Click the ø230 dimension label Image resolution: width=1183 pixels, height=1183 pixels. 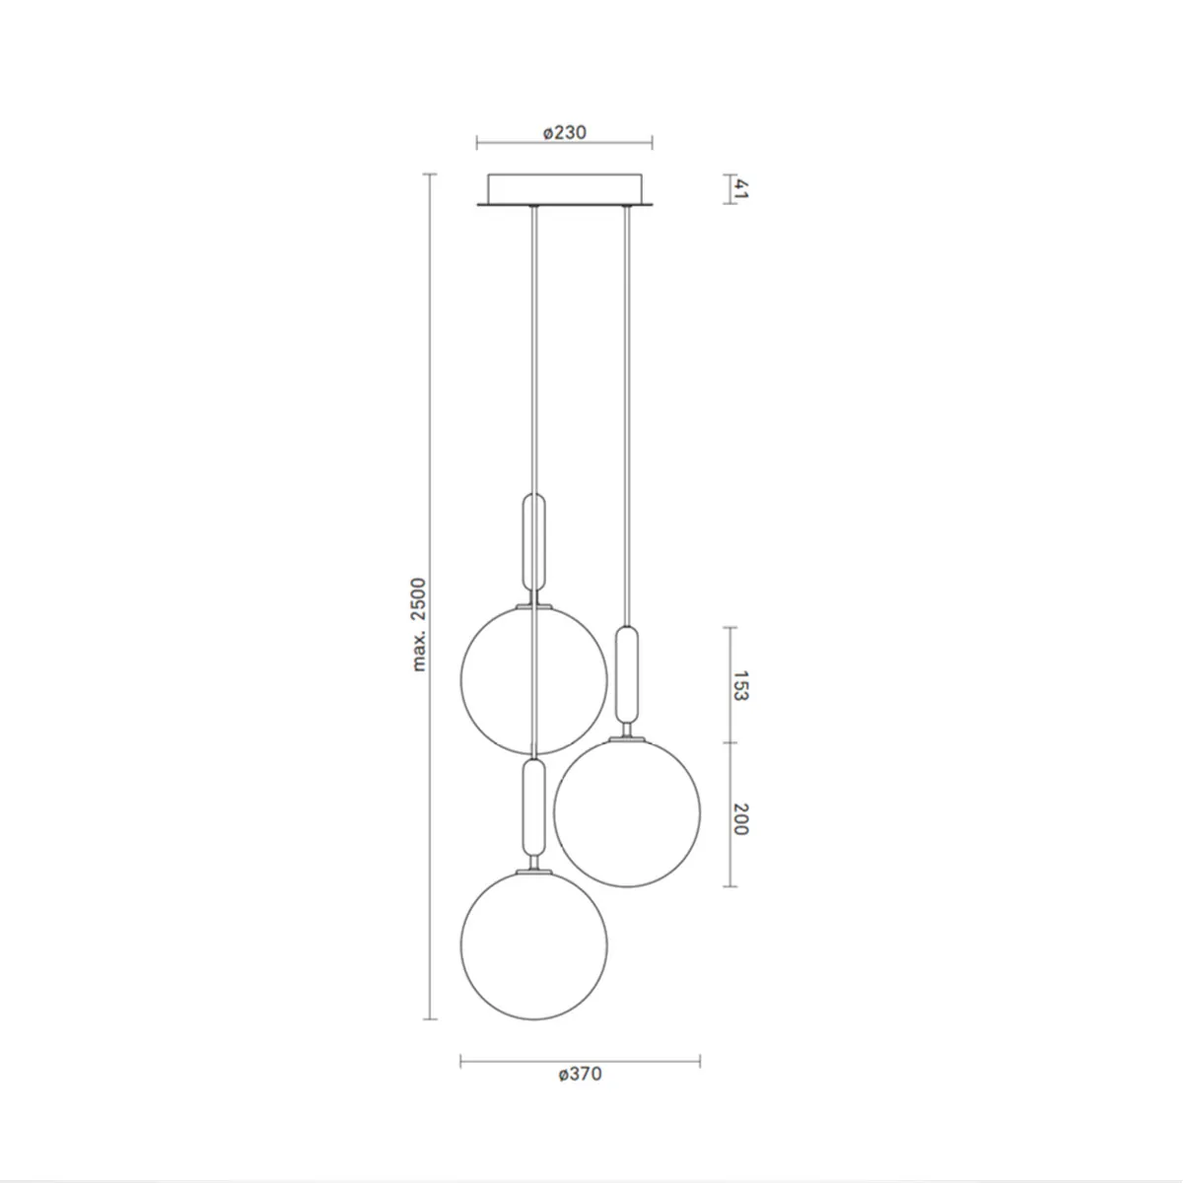pos(564,132)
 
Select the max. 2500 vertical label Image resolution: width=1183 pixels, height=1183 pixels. pos(420,625)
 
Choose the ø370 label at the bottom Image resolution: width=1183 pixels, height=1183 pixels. pos(580,1074)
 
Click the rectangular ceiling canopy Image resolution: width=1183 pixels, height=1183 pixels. pos(564,189)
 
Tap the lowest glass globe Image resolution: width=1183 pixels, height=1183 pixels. pos(533,944)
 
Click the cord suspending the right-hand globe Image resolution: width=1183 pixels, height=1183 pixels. pos(625,414)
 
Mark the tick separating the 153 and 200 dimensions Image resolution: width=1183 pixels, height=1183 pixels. pos(731,743)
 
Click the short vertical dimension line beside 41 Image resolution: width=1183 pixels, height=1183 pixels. pos(731,189)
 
